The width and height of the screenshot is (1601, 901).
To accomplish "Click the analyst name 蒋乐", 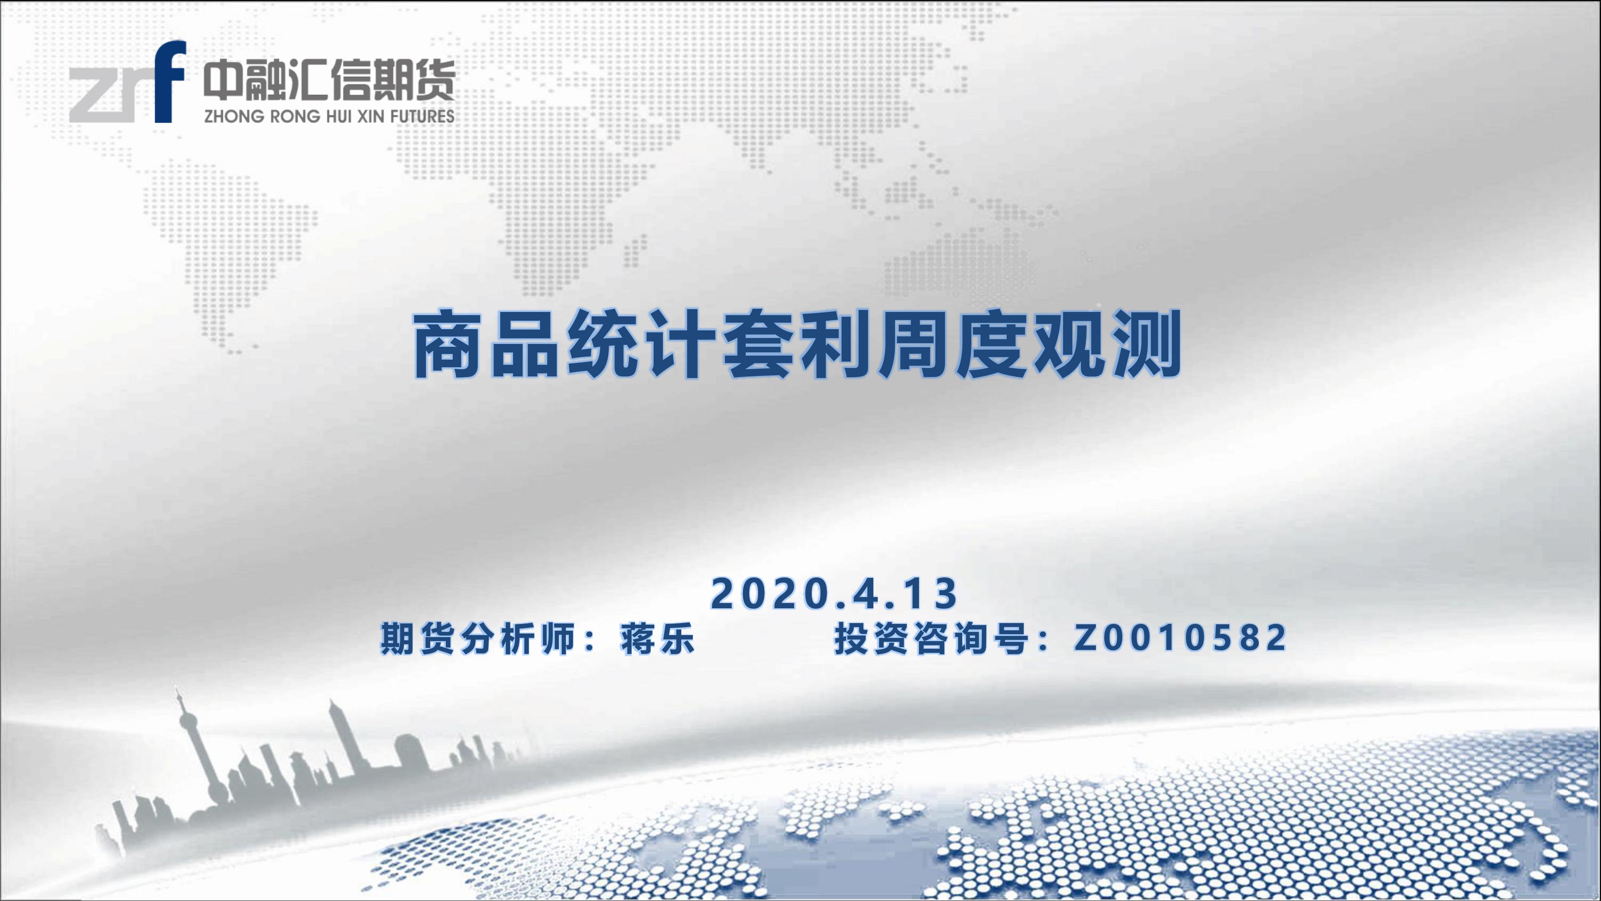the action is pos(656,638).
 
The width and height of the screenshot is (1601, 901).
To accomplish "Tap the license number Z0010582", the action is pos(1180,638).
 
